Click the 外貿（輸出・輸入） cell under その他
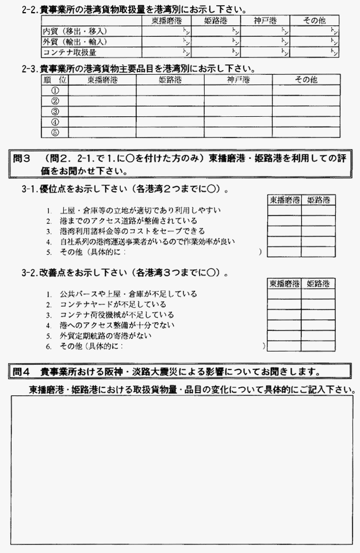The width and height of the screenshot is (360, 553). coord(314,41)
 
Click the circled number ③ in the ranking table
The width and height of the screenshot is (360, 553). coord(55,111)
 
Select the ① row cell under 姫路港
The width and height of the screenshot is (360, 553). coord(170,90)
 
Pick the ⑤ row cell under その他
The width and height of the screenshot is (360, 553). coord(305,132)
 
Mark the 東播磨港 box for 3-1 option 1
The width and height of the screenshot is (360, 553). coord(284,211)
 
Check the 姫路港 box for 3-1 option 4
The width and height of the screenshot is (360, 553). coord(318,242)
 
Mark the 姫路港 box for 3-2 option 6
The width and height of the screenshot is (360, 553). coord(318,346)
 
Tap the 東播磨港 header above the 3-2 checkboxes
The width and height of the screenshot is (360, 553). coord(284,284)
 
